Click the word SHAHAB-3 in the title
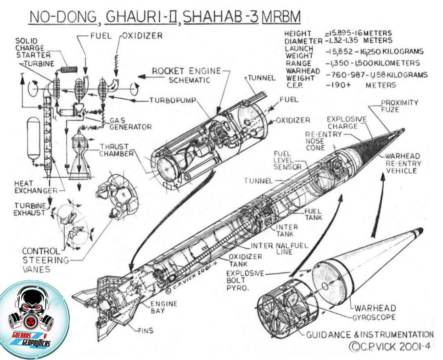(221, 17)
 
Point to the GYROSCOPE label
(374, 317)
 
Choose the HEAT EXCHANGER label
(36, 187)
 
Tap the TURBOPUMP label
(173, 101)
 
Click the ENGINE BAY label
(164, 307)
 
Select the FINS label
(146, 330)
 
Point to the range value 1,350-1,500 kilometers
(373, 63)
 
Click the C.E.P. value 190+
(338, 85)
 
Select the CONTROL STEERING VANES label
(45, 260)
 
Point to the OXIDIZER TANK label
(245, 260)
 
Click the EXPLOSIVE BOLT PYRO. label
(245, 280)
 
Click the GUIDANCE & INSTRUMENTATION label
(370, 335)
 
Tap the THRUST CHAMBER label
(116, 150)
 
